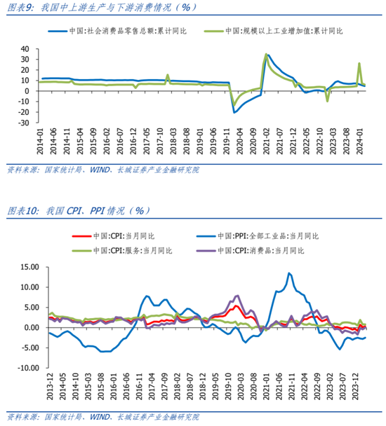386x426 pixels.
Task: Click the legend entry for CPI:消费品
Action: [267, 249]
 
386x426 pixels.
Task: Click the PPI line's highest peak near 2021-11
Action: [289, 273]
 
